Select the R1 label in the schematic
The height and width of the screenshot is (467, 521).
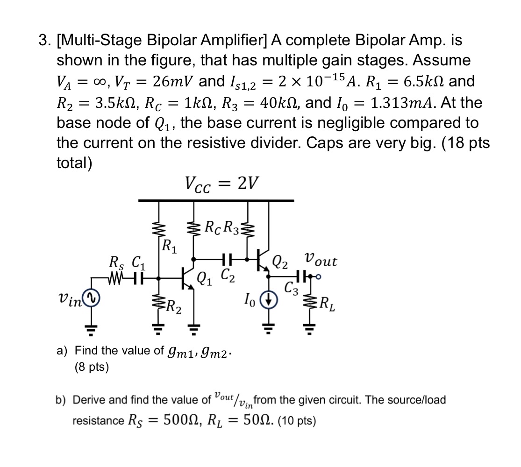(x=169, y=245)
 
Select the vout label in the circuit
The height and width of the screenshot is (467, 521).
(x=320, y=260)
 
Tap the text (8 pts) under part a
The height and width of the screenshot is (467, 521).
(x=92, y=368)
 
